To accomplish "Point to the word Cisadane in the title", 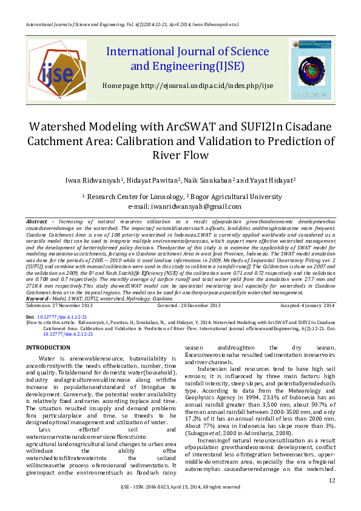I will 303,128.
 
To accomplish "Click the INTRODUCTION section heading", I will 51,347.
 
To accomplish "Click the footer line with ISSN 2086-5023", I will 180,504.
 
